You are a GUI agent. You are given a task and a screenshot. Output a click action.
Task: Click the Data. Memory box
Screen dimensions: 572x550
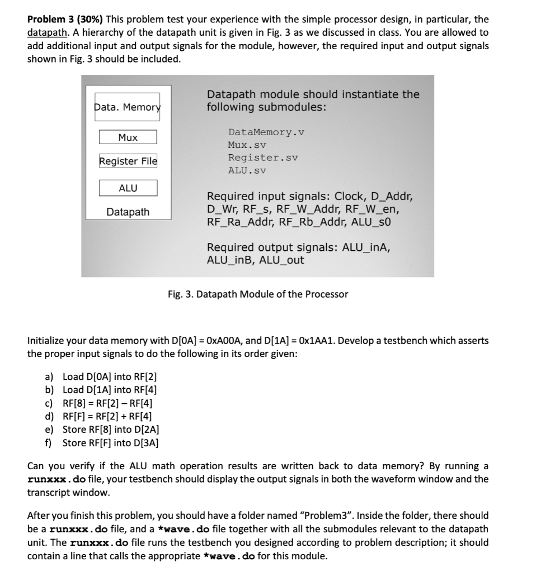tap(127, 107)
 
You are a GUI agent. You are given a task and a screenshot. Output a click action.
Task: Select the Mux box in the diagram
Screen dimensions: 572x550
tap(128, 137)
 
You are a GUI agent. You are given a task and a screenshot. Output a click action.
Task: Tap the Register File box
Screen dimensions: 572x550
tap(128, 161)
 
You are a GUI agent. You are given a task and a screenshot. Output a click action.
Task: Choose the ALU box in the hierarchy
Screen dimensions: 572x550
tap(128, 188)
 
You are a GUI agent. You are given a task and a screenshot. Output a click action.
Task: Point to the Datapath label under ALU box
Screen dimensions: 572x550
tap(128, 212)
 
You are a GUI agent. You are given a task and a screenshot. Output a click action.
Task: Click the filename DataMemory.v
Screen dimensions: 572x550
tap(266, 132)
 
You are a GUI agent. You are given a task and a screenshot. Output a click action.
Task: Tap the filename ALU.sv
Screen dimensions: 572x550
tap(247, 170)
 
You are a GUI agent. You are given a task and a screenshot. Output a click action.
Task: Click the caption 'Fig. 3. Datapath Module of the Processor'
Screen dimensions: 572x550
tap(258, 294)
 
